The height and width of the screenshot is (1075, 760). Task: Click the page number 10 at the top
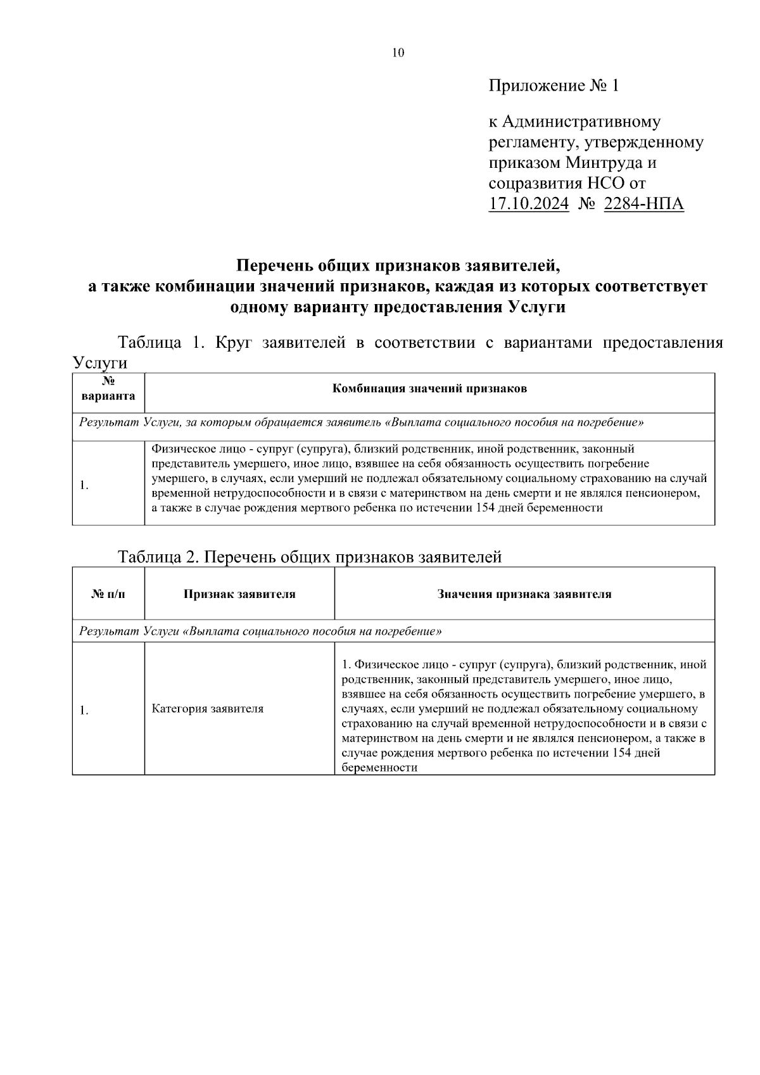(x=398, y=53)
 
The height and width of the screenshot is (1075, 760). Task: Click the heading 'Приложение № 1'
(x=553, y=86)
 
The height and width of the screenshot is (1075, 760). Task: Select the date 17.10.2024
(x=529, y=204)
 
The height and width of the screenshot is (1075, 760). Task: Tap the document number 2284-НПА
(x=644, y=204)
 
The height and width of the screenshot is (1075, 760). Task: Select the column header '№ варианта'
(x=108, y=389)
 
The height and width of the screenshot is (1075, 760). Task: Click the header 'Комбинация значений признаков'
(x=429, y=389)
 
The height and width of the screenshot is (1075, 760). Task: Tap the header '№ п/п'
(x=108, y=594)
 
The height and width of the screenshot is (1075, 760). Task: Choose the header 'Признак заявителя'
(x=239, y=594)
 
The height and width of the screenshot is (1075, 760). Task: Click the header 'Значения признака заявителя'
(x=524, y=594)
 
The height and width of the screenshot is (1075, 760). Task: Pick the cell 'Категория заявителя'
(x=208, y=709)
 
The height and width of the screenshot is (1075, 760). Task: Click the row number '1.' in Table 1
(x=84, y=486)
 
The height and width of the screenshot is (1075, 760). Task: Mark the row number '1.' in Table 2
(x=84, y=710)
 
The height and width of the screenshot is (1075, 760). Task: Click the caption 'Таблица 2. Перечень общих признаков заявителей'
(x=310, y=557)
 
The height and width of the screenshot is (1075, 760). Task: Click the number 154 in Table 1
(x=484, y=508)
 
